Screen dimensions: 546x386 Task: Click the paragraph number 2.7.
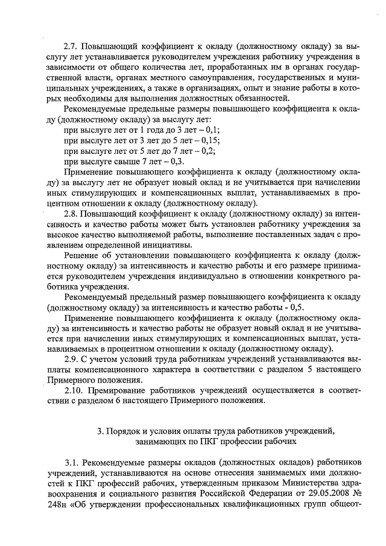[x=71, y=45]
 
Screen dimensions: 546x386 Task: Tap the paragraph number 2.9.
[x=71, y=359]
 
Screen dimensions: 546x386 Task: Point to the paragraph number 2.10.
[x=73, y=390]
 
